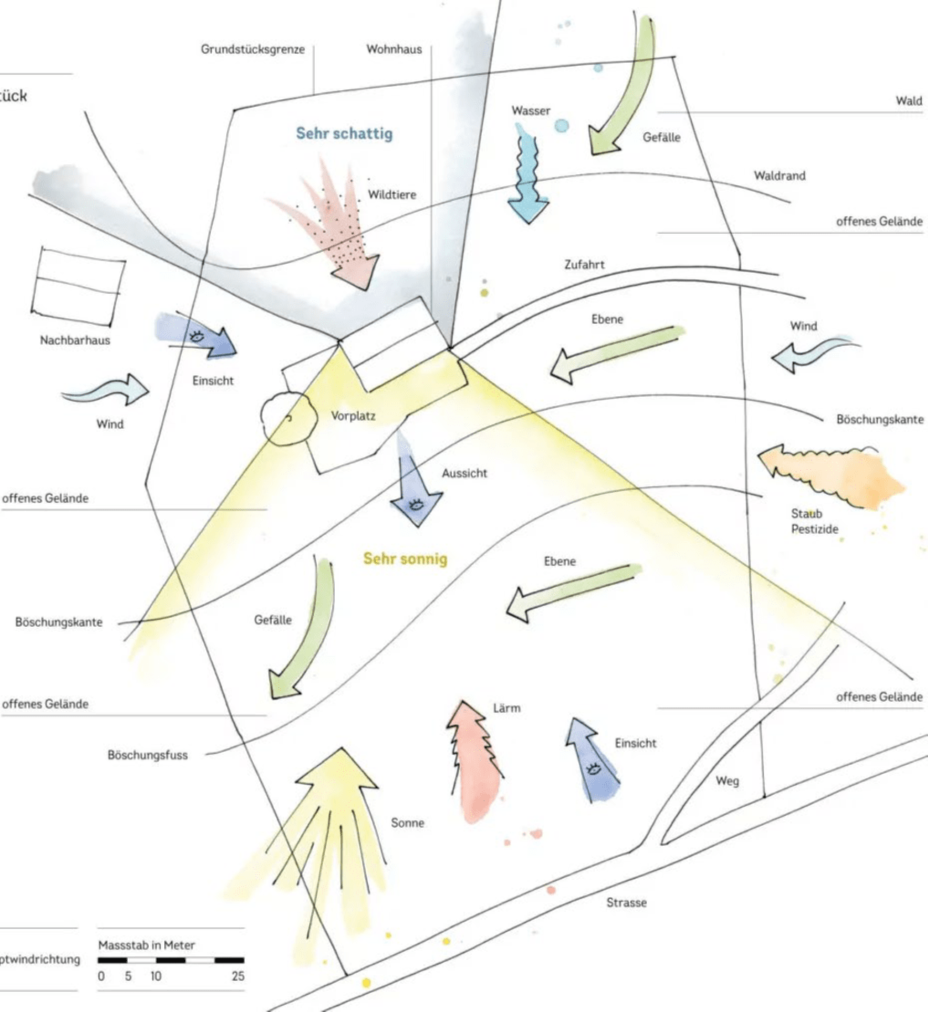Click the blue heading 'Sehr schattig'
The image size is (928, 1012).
coord(344,134)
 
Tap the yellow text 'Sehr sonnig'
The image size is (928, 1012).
coord(405,558)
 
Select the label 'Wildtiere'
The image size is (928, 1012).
coord(392,194)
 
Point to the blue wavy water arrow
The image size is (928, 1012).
coord(528,179)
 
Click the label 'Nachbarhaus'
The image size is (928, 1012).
coord(75,340)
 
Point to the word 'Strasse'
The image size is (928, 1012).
coord(627,902)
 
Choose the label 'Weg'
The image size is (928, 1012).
coord(727,781)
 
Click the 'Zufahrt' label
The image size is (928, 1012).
coord(584,265)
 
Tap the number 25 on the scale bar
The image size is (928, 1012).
coord(238,976)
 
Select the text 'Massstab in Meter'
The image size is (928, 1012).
coord(146,944)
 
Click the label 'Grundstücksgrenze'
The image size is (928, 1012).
coord(253,49)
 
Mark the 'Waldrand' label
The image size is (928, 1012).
coord(779,175)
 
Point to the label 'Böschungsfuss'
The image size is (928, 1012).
coord(147,756)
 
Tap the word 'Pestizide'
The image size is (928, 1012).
coord(815,528)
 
